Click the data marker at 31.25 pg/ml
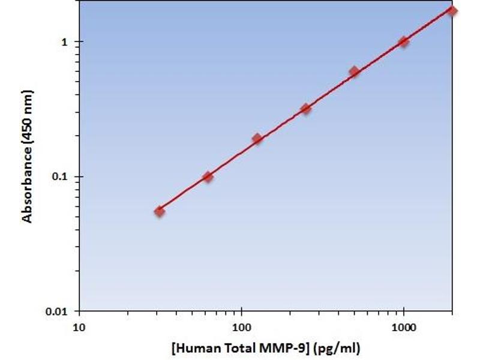(x=159, y=211)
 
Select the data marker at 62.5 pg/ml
(x=208, y=176)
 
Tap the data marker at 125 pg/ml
(x=257, y=139)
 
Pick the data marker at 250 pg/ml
(x=305, y=109)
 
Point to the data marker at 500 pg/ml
(x=354, y=71)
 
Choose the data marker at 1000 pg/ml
(x=403, y=41)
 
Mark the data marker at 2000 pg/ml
(x=452, y=11)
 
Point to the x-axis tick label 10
(x=79, y=328)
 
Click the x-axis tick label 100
(x=241, y=328)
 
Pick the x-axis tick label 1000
(x=404, y=328)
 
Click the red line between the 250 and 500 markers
(x=330, y=90)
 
